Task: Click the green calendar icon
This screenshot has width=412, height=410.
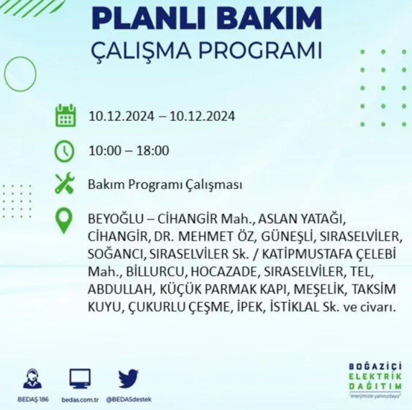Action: point(65,115)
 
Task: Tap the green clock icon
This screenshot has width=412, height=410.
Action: point(65,151)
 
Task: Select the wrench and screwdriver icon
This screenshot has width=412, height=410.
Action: point(65,184)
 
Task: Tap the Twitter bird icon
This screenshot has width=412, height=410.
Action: point(128,378)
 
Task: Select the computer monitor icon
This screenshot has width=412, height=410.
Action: point(80,378)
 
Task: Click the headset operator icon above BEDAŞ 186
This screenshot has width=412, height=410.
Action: point(33,378)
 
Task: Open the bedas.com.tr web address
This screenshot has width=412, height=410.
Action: point(79,398)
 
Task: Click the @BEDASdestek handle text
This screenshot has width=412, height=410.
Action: point(129,398)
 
